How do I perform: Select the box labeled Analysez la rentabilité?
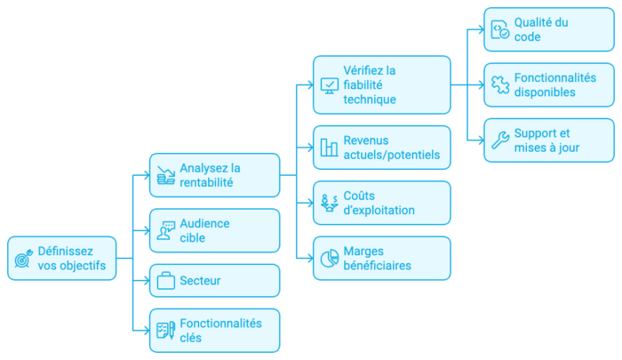point(214,174)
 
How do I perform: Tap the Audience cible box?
point(214,230)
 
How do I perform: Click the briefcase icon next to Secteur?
point(165,281)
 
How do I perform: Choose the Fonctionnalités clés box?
point(214,331)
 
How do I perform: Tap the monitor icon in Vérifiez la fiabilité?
point(330,85)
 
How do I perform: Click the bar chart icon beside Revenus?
point(330,148)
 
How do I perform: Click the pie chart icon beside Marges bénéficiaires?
point(330,258)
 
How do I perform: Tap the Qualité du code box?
point(551,29)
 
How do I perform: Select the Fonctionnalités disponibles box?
point(551,84)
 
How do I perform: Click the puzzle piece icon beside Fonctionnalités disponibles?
point(500,84)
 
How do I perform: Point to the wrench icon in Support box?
point(500,140)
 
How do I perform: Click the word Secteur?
point(200,281)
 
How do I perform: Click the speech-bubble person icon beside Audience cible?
point(165,230)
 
